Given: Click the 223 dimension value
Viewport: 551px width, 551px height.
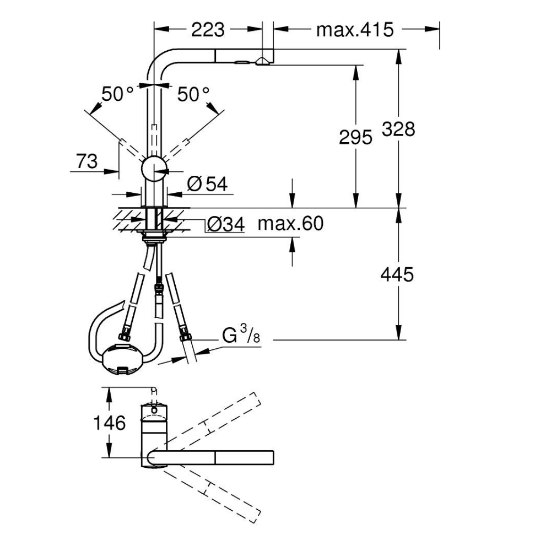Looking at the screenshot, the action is click(x=208, y=30).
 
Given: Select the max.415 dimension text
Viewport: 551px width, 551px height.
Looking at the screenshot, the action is click(x=355, y=30).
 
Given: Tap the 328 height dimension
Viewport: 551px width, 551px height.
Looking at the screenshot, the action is click(x=398, y=129).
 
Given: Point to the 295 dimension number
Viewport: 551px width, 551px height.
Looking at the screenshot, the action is click(x=355, y=137).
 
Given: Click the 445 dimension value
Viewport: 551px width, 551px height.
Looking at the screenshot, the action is click(x=397, y=274).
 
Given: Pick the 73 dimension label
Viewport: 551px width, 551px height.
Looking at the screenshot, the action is click(x=87, y=161).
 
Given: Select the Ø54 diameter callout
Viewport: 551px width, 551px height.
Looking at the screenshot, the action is click(x=207, y=184).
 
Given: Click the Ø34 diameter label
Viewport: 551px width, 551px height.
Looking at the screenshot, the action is click(x=225, y=224).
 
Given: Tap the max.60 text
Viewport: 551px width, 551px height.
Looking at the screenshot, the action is click(x=290, y=223).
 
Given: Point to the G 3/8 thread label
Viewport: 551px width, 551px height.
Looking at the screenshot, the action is click(x=241, y=334).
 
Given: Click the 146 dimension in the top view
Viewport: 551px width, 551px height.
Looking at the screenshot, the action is click(x=109, y=423).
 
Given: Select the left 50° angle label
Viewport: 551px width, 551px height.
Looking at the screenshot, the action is click(x=117, y=94).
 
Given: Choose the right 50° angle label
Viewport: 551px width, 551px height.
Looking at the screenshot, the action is click(x=193, y=94).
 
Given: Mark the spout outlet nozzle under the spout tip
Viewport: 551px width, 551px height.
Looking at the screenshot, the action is click(x=263, y=62).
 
